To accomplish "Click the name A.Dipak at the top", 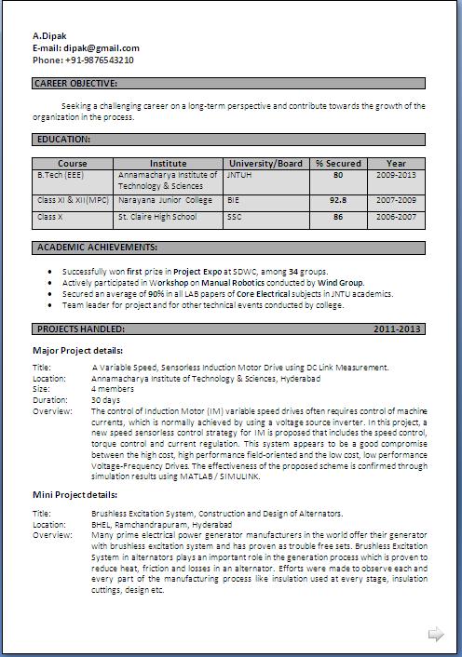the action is pos(48,35).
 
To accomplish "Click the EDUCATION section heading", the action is pos(63,139).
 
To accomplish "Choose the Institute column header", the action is pos(168,163).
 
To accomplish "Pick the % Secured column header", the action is pos(338,163).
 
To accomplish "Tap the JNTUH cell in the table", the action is pos(240,175).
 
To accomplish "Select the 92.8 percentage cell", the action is pos(338,199).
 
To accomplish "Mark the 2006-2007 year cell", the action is pos(397,217).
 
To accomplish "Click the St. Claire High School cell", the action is pos(157,217).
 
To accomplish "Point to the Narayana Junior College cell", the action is pos(165,199).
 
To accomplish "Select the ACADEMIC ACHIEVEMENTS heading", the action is pos(96,248).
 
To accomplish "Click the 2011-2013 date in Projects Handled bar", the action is pos(398,328).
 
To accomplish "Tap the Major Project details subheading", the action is pos(77,350).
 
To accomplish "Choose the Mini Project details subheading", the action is pos(75,495).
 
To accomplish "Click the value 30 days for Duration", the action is pos(106,399).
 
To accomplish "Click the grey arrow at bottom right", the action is pos(435,635).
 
